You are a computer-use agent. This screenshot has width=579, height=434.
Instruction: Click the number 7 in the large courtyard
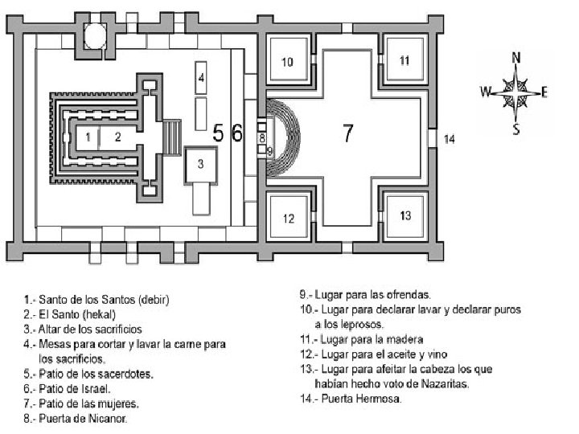point(347,133)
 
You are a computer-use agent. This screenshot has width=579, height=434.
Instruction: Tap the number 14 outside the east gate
point(450,139)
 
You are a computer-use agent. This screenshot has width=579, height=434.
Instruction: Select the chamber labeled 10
point(288,62)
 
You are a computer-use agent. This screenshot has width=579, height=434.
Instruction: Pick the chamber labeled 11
point(404,59)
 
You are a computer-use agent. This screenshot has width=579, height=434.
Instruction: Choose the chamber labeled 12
point(288,217)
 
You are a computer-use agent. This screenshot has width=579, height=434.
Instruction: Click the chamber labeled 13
point(404,215)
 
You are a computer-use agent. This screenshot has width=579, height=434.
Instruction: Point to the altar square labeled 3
point(202,164)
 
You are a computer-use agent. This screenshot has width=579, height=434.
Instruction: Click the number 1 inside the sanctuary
point(90,137)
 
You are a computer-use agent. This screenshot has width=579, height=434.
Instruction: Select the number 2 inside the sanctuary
point(117,137)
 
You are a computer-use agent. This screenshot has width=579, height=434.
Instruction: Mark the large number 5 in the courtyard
point(218,133)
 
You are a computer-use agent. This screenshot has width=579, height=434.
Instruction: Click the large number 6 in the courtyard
point(236,133)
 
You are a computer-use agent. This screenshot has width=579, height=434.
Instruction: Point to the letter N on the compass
point(515,57)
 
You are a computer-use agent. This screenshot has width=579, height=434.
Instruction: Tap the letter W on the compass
point(485,92)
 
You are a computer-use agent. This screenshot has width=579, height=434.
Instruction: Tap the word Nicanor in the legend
point(110,418)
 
